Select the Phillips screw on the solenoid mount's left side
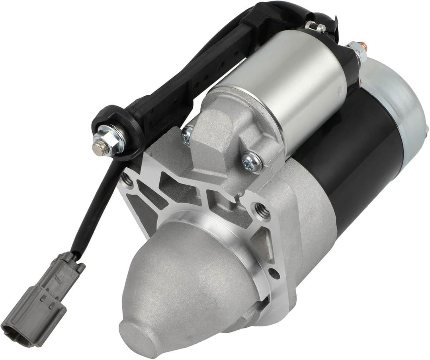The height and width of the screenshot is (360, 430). [x=187, y=135]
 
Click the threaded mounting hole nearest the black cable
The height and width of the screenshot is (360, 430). [x=127, y=180]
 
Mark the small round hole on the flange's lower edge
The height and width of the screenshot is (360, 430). [x=274, y=274]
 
